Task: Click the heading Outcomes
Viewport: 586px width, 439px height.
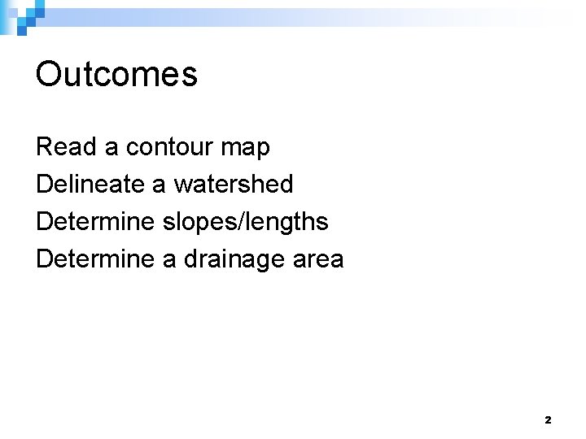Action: point(116,75)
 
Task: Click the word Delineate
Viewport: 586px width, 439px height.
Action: point(90,185)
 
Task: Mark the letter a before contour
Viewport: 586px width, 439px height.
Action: point(112,149)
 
